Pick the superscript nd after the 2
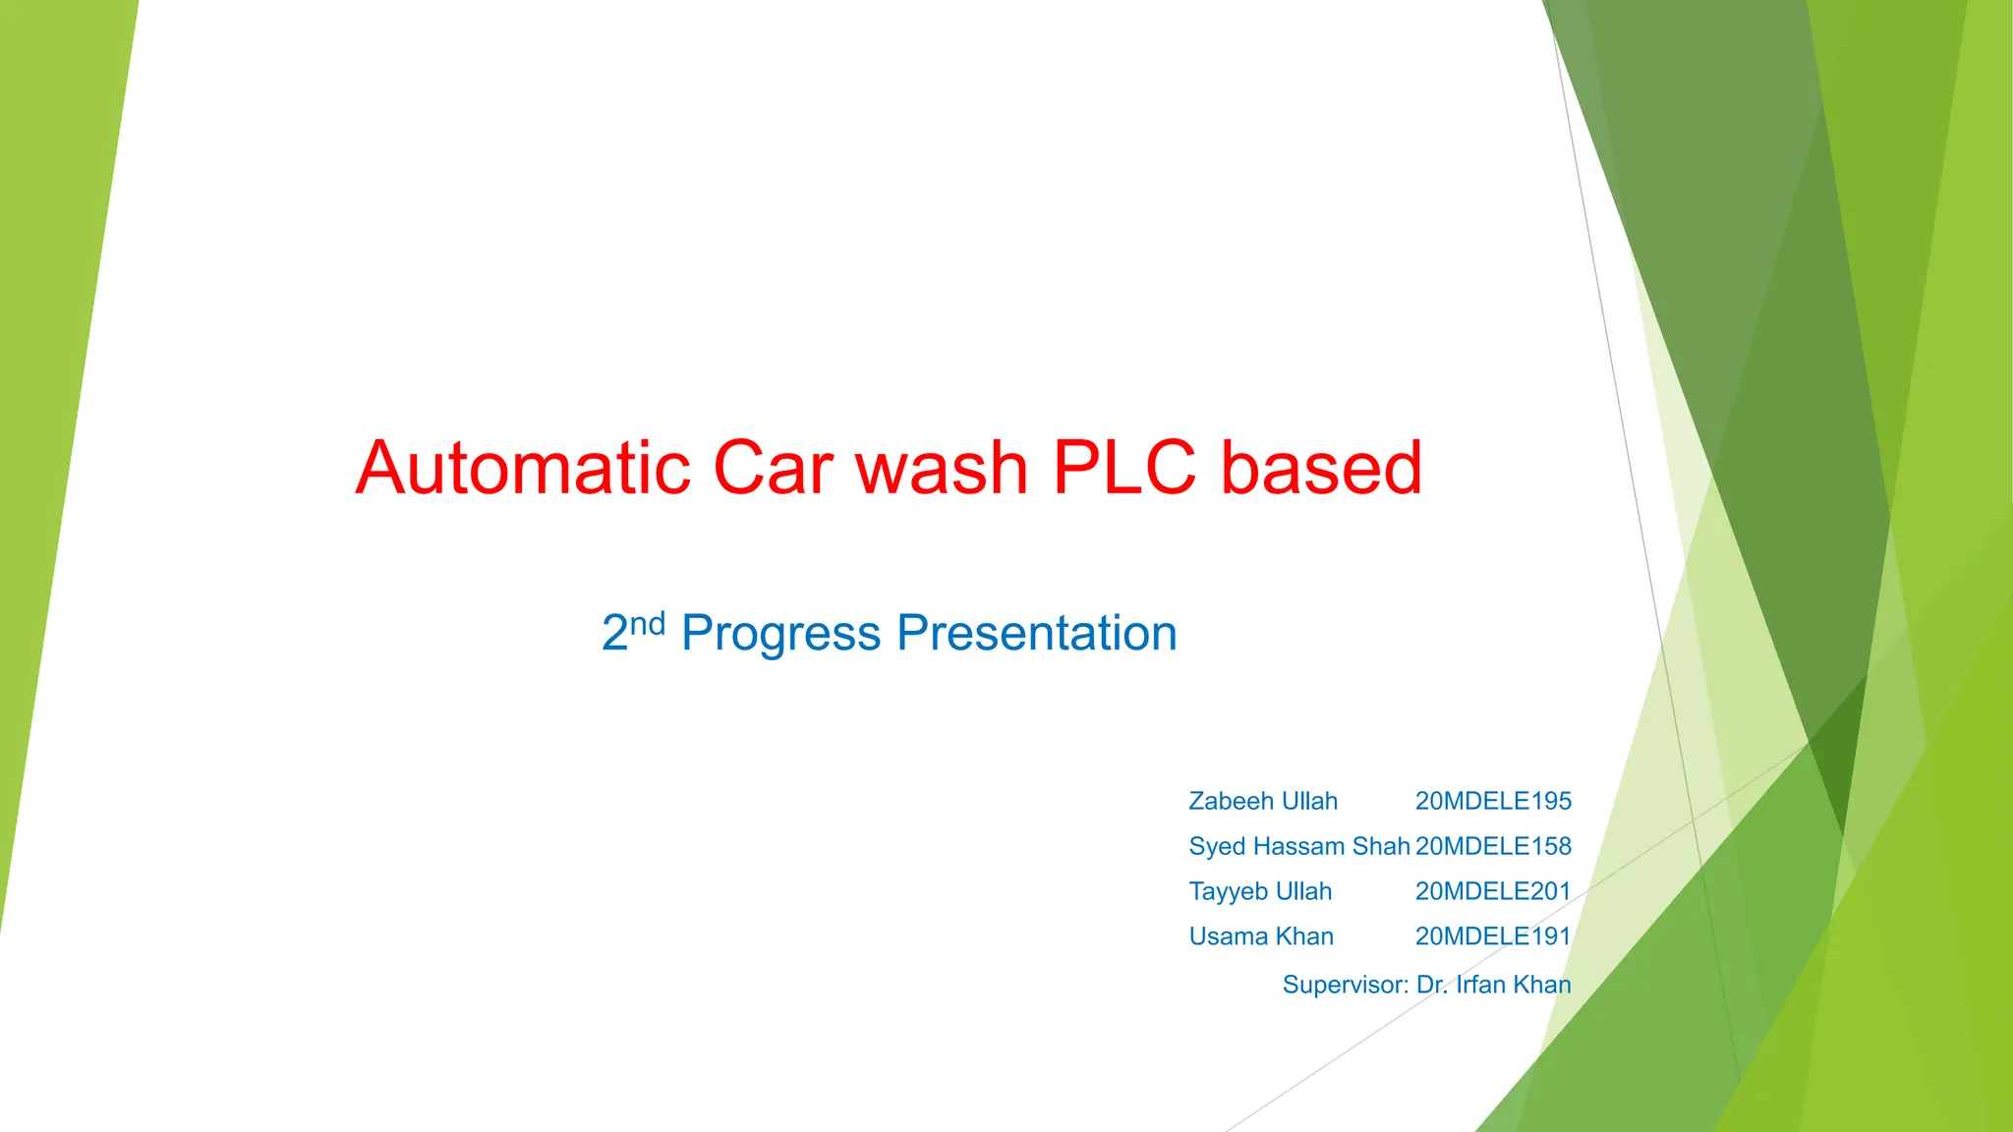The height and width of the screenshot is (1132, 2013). (648, 623)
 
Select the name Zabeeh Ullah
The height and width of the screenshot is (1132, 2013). (1263, 801)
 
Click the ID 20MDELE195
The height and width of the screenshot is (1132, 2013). (1493, 801)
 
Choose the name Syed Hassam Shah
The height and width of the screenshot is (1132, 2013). (1299, 846)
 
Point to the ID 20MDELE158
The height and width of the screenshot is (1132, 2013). (1493, 846)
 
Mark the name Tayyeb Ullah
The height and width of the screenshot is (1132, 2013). (1260, 891)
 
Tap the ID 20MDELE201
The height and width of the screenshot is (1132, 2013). (1493, 891)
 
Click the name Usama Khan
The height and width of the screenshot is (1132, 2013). (1261, 936)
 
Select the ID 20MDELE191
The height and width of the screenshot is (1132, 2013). (1493, 936)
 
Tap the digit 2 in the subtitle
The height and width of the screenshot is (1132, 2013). (614, 634)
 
